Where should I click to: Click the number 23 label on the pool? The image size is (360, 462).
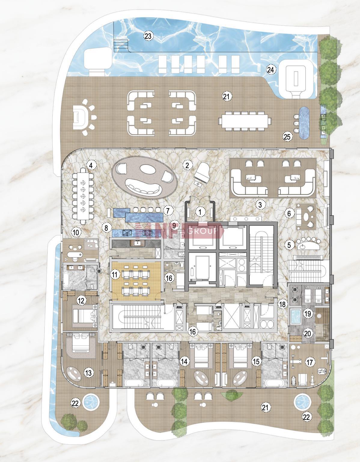(148, 36)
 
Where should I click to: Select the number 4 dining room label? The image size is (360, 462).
(91, 165)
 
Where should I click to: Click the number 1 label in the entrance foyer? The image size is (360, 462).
(200, 212)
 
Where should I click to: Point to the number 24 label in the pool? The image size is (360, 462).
(270, 69)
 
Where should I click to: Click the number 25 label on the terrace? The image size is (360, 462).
(287, 137)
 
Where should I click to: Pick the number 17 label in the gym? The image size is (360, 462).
(310, 362)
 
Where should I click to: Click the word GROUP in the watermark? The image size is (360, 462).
(203, 231)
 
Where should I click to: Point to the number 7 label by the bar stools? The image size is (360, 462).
(168, 211)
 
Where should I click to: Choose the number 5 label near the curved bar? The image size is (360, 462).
(289, 245)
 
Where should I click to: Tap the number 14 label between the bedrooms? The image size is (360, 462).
(184, 361)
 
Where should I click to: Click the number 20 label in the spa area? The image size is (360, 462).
(307, 334)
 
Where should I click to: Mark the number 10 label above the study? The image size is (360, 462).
(76, 233)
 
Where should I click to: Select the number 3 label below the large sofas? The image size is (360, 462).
(260, 205)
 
